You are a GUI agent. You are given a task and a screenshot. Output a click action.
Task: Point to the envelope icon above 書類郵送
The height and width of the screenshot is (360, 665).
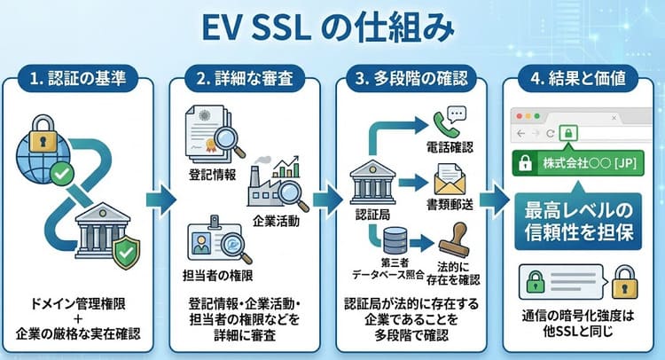(x=450, y=181)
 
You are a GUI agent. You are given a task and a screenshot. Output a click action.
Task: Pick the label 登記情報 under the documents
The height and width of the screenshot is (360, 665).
(x=213, y=174)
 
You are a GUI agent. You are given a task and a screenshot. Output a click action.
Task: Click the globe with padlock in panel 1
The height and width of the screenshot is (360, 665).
(x=42, y=146)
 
